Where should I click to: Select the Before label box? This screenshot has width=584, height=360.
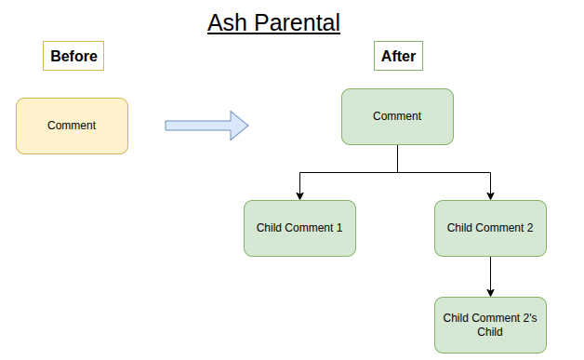click(x=73, y=57)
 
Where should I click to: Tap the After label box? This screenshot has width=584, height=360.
click(x=398, y=57)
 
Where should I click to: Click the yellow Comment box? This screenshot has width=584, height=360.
click(x=72, y=126)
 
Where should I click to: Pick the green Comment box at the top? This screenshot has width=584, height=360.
click(x=397, y=116)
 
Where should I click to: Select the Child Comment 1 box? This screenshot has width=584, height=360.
click(x=299, y=228)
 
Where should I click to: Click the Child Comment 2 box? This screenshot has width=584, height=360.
click(x=490, y=228)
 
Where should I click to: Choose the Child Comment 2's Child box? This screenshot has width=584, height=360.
click(x=490, y=325)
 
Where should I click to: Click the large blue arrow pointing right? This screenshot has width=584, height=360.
click(x=206, y=126)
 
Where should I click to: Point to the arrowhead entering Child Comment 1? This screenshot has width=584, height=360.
click(x=299, y=195)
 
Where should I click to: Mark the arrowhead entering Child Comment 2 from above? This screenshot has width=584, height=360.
click(x=490, y=195)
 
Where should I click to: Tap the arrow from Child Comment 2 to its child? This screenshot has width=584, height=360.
click(x=490, y=276)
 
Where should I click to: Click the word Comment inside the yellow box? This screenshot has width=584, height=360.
click(x=72, y=126)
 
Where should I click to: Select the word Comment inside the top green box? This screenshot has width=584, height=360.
click(x=397, y=116)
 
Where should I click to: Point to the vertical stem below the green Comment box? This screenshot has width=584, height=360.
click(x=397, y=158)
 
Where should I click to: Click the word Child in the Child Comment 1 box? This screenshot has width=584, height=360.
click(x=271, y=228)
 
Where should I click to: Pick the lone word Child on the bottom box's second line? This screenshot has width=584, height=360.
click(x=490, y=332)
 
